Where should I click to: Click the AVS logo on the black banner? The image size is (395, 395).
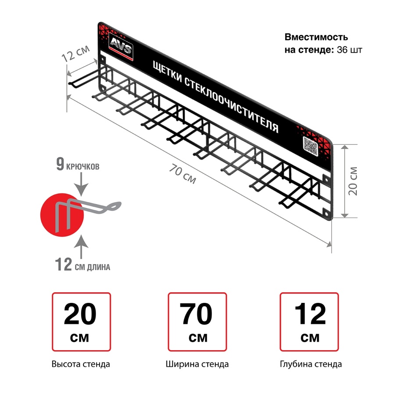point(121,47)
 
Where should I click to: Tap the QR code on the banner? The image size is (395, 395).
point(310,146)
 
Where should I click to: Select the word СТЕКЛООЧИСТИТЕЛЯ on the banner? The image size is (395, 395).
point(231,105)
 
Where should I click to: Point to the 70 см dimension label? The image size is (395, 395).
point(183,173)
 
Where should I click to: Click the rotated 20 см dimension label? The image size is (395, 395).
point(353,181)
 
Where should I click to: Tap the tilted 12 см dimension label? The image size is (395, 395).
point(75,54)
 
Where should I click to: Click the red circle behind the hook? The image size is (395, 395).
point(62,215)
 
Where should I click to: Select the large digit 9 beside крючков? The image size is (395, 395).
point(60,164)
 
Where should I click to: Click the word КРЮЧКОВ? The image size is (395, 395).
point(83,166)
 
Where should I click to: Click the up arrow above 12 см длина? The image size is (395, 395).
point(81,247)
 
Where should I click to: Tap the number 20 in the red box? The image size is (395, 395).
point(80,314)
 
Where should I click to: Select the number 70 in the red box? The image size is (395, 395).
point(196,314)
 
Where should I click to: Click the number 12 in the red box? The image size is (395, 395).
point(310,314)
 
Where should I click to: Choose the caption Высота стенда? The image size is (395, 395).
point(81,364)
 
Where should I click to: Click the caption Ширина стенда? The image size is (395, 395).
point(197,364)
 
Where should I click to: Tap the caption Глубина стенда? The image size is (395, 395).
point(311,364)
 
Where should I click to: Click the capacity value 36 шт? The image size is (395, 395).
point(349,50)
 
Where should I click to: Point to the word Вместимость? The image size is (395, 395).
point(316,37)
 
